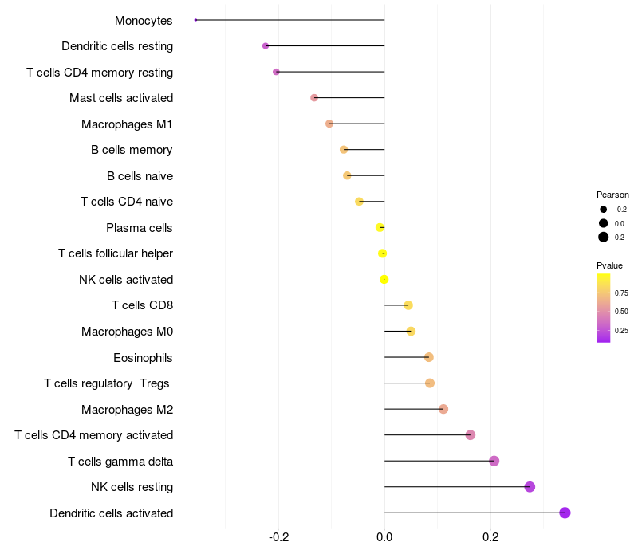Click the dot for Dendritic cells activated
click(x=565, y=513)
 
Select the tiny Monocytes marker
click(x=195, y=20)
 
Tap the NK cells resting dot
click(x=530, y=487)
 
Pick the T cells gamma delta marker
click(x=494, y=461)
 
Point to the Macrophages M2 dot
click(x=443, y=409)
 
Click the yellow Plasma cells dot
click(x=380, y=227)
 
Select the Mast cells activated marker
click(x=314, y=98)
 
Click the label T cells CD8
click(x=142, y=305)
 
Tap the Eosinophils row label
click(x=143, y=357)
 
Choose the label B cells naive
click(x=140, y=175)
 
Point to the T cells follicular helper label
click(x=116, y=253)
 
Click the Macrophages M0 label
click(x=127, y=332)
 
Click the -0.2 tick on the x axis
click(x=279, y=537)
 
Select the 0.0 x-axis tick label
click(x=384, y=537)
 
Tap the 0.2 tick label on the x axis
click(x=490, y=537)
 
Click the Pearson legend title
click(x=612, y=195)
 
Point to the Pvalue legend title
click(x=610, y=265)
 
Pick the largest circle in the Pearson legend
click(x=604, y=237)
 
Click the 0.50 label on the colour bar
click(x=621, y=311)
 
